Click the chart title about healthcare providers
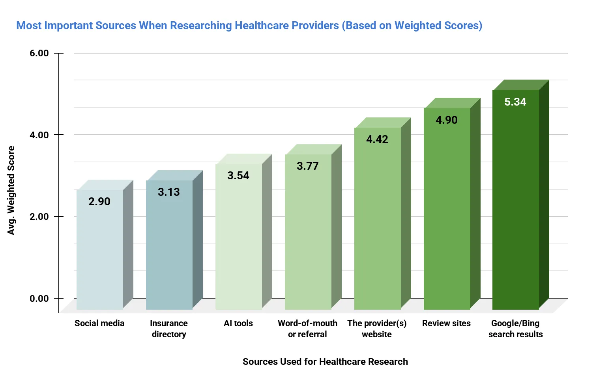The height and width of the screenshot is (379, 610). [249, 26]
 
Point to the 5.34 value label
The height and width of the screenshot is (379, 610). [515, 102]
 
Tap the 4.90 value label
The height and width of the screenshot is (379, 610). [447, 120]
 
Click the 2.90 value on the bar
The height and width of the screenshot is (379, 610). [99, 202]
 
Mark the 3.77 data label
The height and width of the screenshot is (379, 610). [308, 166]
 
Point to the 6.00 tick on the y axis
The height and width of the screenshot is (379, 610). [39, 53]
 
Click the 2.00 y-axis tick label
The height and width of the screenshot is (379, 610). [39, 217]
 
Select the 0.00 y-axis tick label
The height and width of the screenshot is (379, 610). [39, 299]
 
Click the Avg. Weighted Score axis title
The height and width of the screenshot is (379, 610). [11, 190]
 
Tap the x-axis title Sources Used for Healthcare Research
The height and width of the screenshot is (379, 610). [325, 362]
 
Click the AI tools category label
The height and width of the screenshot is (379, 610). [238, 323]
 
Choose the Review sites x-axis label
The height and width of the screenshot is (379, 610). [446, 323]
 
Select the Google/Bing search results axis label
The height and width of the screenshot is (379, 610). [515, 329]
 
